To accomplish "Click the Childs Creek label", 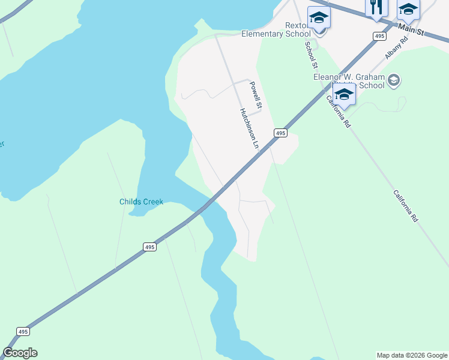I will (141, 202).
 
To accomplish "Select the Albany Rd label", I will (396, 47).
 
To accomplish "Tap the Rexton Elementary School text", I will (276, 30).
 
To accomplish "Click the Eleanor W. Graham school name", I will (349, 81).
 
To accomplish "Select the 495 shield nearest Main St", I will (379, 37).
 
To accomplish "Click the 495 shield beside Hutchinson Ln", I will (280, 133).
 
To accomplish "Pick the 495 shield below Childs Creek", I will (150, 247).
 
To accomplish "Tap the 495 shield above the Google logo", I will (22, 331).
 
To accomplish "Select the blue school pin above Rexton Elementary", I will (319, 17).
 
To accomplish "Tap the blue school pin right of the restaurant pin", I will (408, 10).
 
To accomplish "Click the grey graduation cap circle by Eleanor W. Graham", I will (394, 80).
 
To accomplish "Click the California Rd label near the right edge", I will (406, 206).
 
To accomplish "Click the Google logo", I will (20, 353).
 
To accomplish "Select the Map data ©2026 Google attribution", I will (412, 355).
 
